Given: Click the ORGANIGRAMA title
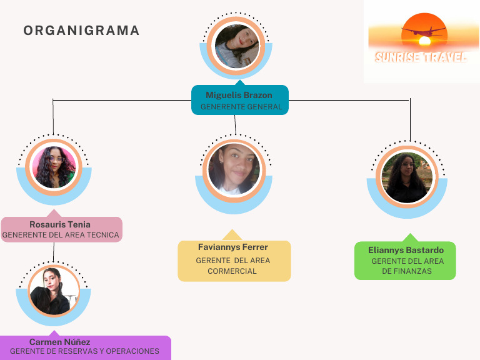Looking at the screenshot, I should [x=81, y=31].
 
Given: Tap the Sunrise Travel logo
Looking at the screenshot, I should [x=421, y=42].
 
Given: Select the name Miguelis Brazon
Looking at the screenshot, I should [x=239, y=95].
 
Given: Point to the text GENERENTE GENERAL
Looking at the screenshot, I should [x=241, y=107].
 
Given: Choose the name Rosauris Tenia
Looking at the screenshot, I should [x=60, y=224].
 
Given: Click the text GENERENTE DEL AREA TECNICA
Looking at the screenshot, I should [x=61, y=236].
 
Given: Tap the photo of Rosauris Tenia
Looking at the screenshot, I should [x=54, y=167].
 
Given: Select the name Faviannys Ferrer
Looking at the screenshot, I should [x=233, y=247].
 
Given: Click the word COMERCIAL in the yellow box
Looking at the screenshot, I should [x=232, y=271].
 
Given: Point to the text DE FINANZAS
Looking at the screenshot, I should [x=407, y=271].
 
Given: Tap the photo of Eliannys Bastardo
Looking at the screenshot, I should [x=407, y=177].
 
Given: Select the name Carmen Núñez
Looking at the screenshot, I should [x=60, y=342].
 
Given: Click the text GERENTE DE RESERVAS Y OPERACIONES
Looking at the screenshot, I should [x=84, y=351].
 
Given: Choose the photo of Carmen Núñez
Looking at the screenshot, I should [x=54, y=292].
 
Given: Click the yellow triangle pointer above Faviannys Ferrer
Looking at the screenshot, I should [x=232, y=236].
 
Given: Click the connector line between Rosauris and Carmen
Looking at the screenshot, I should [x=54, y=252].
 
